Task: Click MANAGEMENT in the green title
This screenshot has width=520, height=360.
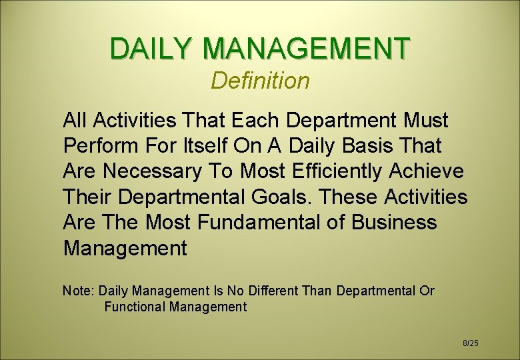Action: [x=307, y=49]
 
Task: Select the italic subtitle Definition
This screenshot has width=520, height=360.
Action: [x=260, y=81]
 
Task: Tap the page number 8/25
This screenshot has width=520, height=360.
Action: [x=471, y=343]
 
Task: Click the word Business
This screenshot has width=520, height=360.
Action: [x=395, y=223]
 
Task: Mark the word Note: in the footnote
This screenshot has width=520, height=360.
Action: [x=79, y=291]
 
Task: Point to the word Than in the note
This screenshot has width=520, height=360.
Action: [x=319, y=291]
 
